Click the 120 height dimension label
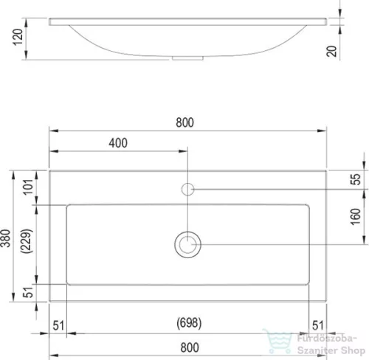coord(18,37)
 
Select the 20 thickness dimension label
coord(331,52)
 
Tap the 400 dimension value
coord(118,143)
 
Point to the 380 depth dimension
coord(6,238)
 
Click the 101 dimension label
coord(29,187)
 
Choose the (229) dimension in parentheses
coord(27,241)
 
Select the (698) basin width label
coord(189,323)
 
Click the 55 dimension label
coord(356,179)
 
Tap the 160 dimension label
coord(356,217)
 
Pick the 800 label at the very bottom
coord(190,347)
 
